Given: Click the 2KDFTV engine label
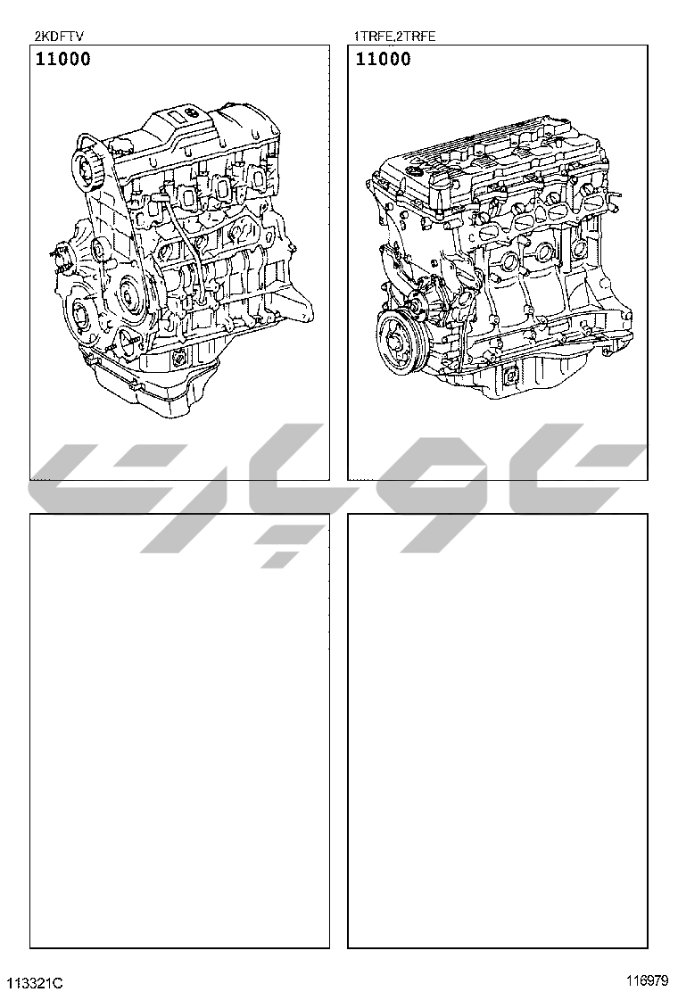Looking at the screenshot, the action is (x=58, y=36).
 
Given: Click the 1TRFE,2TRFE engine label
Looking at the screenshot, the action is (x=394, y=36).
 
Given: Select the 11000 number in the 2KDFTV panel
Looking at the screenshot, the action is (x=62, y=59).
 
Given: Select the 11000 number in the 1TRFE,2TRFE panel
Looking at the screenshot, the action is (x=384, y=59).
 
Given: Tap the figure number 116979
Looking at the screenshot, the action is (x=647, y=980).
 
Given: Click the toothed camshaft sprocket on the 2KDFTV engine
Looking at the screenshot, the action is (x=88, y=167).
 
